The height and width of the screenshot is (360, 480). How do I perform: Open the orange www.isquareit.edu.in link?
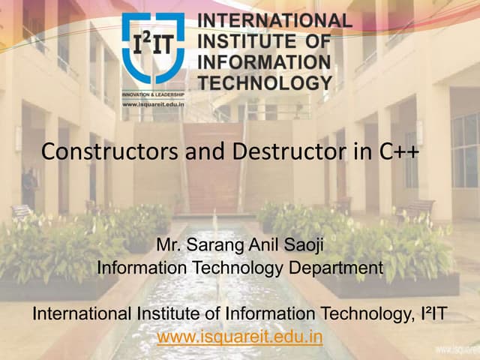coord(240,337)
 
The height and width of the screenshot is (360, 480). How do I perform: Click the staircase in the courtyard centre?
coord(212,172)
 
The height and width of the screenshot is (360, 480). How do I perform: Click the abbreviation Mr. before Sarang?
coord(170,244)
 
